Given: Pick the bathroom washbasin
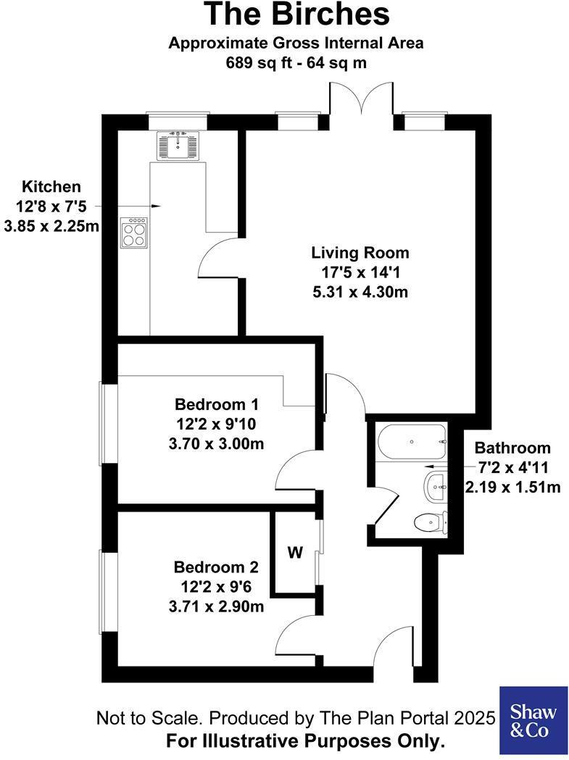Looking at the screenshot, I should click(x=435, y=485).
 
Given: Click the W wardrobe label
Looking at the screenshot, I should click(x=295, y=554).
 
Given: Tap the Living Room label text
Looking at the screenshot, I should click(x=360, y=254).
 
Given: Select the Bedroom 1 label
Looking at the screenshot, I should click(x=217, y=404).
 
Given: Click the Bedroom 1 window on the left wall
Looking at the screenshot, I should click(x=108, y=423).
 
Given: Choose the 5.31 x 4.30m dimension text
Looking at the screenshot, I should click(x=360, y=293).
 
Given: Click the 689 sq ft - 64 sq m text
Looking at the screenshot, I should click(x=296, y=63).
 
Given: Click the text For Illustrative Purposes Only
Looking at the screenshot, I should click(x=305, y=741).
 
